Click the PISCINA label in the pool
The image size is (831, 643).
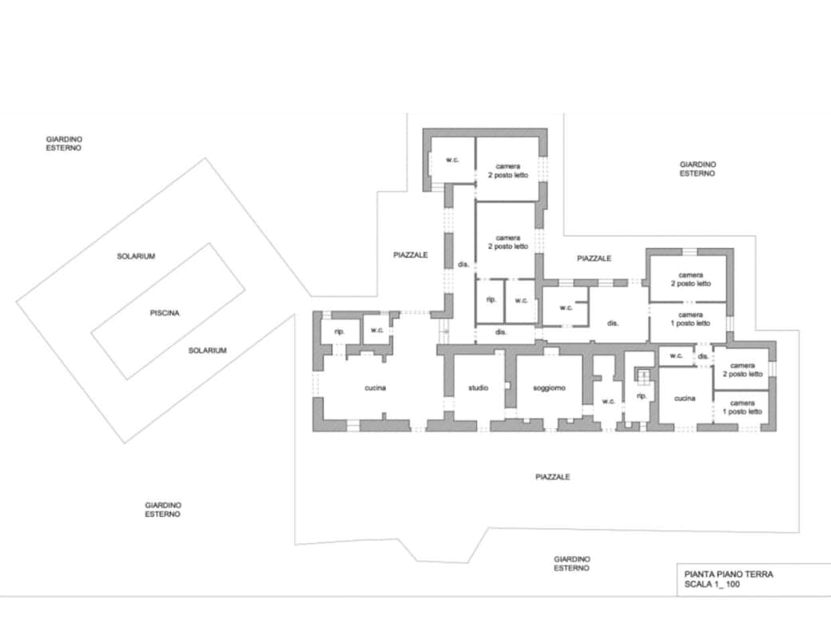coord(165,313)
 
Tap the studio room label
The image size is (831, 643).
coord(478,387)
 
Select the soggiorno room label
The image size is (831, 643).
coord(549,387)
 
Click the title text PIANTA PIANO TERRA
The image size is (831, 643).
coord(729,574)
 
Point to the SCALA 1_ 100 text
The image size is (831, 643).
coord(712,585)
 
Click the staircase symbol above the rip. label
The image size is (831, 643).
coord(643,375)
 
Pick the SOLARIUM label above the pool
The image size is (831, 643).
coord(136,256)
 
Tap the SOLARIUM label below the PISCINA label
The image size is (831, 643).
coord(207,351)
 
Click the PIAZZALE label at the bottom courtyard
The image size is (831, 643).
coord(552,477)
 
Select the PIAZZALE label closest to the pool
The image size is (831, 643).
coord(410,255)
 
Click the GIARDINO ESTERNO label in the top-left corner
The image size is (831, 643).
coord(64,144)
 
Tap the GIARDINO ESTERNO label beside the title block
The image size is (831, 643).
coord(572,564)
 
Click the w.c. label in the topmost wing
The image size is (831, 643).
coord(452,160)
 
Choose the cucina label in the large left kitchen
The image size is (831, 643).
coord(376,388)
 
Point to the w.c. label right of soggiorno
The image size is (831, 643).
coord(608,402)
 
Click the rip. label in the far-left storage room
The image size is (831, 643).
coord(340,331)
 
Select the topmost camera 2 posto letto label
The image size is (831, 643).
coord(508,171)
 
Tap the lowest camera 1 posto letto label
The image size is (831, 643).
coord(742,407)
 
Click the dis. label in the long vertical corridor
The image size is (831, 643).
coord(463,264)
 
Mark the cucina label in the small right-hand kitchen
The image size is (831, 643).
coord(685,399)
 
